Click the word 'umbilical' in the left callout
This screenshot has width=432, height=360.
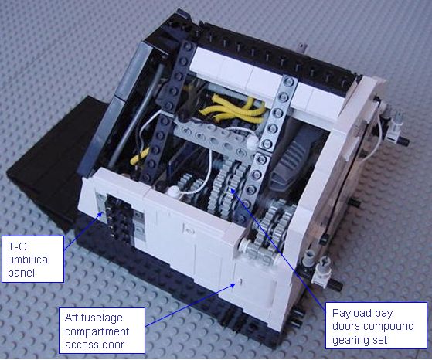click(29, 260)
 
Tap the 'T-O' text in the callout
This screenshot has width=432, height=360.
click(17, 246)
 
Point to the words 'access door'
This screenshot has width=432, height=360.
click(94, 345)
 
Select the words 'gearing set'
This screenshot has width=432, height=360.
click(360, 341)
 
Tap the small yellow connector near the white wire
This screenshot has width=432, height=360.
click(140, 157)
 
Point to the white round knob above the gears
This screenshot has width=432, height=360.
click(252, 141)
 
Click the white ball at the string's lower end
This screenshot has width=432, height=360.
click(175, 191)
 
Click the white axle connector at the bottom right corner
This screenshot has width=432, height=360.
click(321, 270)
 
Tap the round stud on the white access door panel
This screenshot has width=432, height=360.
click(189, 229)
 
